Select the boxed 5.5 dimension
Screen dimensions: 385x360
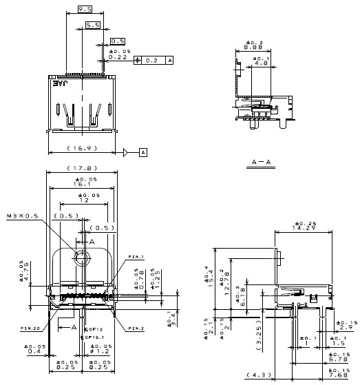point(93,25)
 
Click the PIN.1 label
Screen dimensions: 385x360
point(136,258)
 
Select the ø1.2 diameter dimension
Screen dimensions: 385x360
point(103,351)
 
